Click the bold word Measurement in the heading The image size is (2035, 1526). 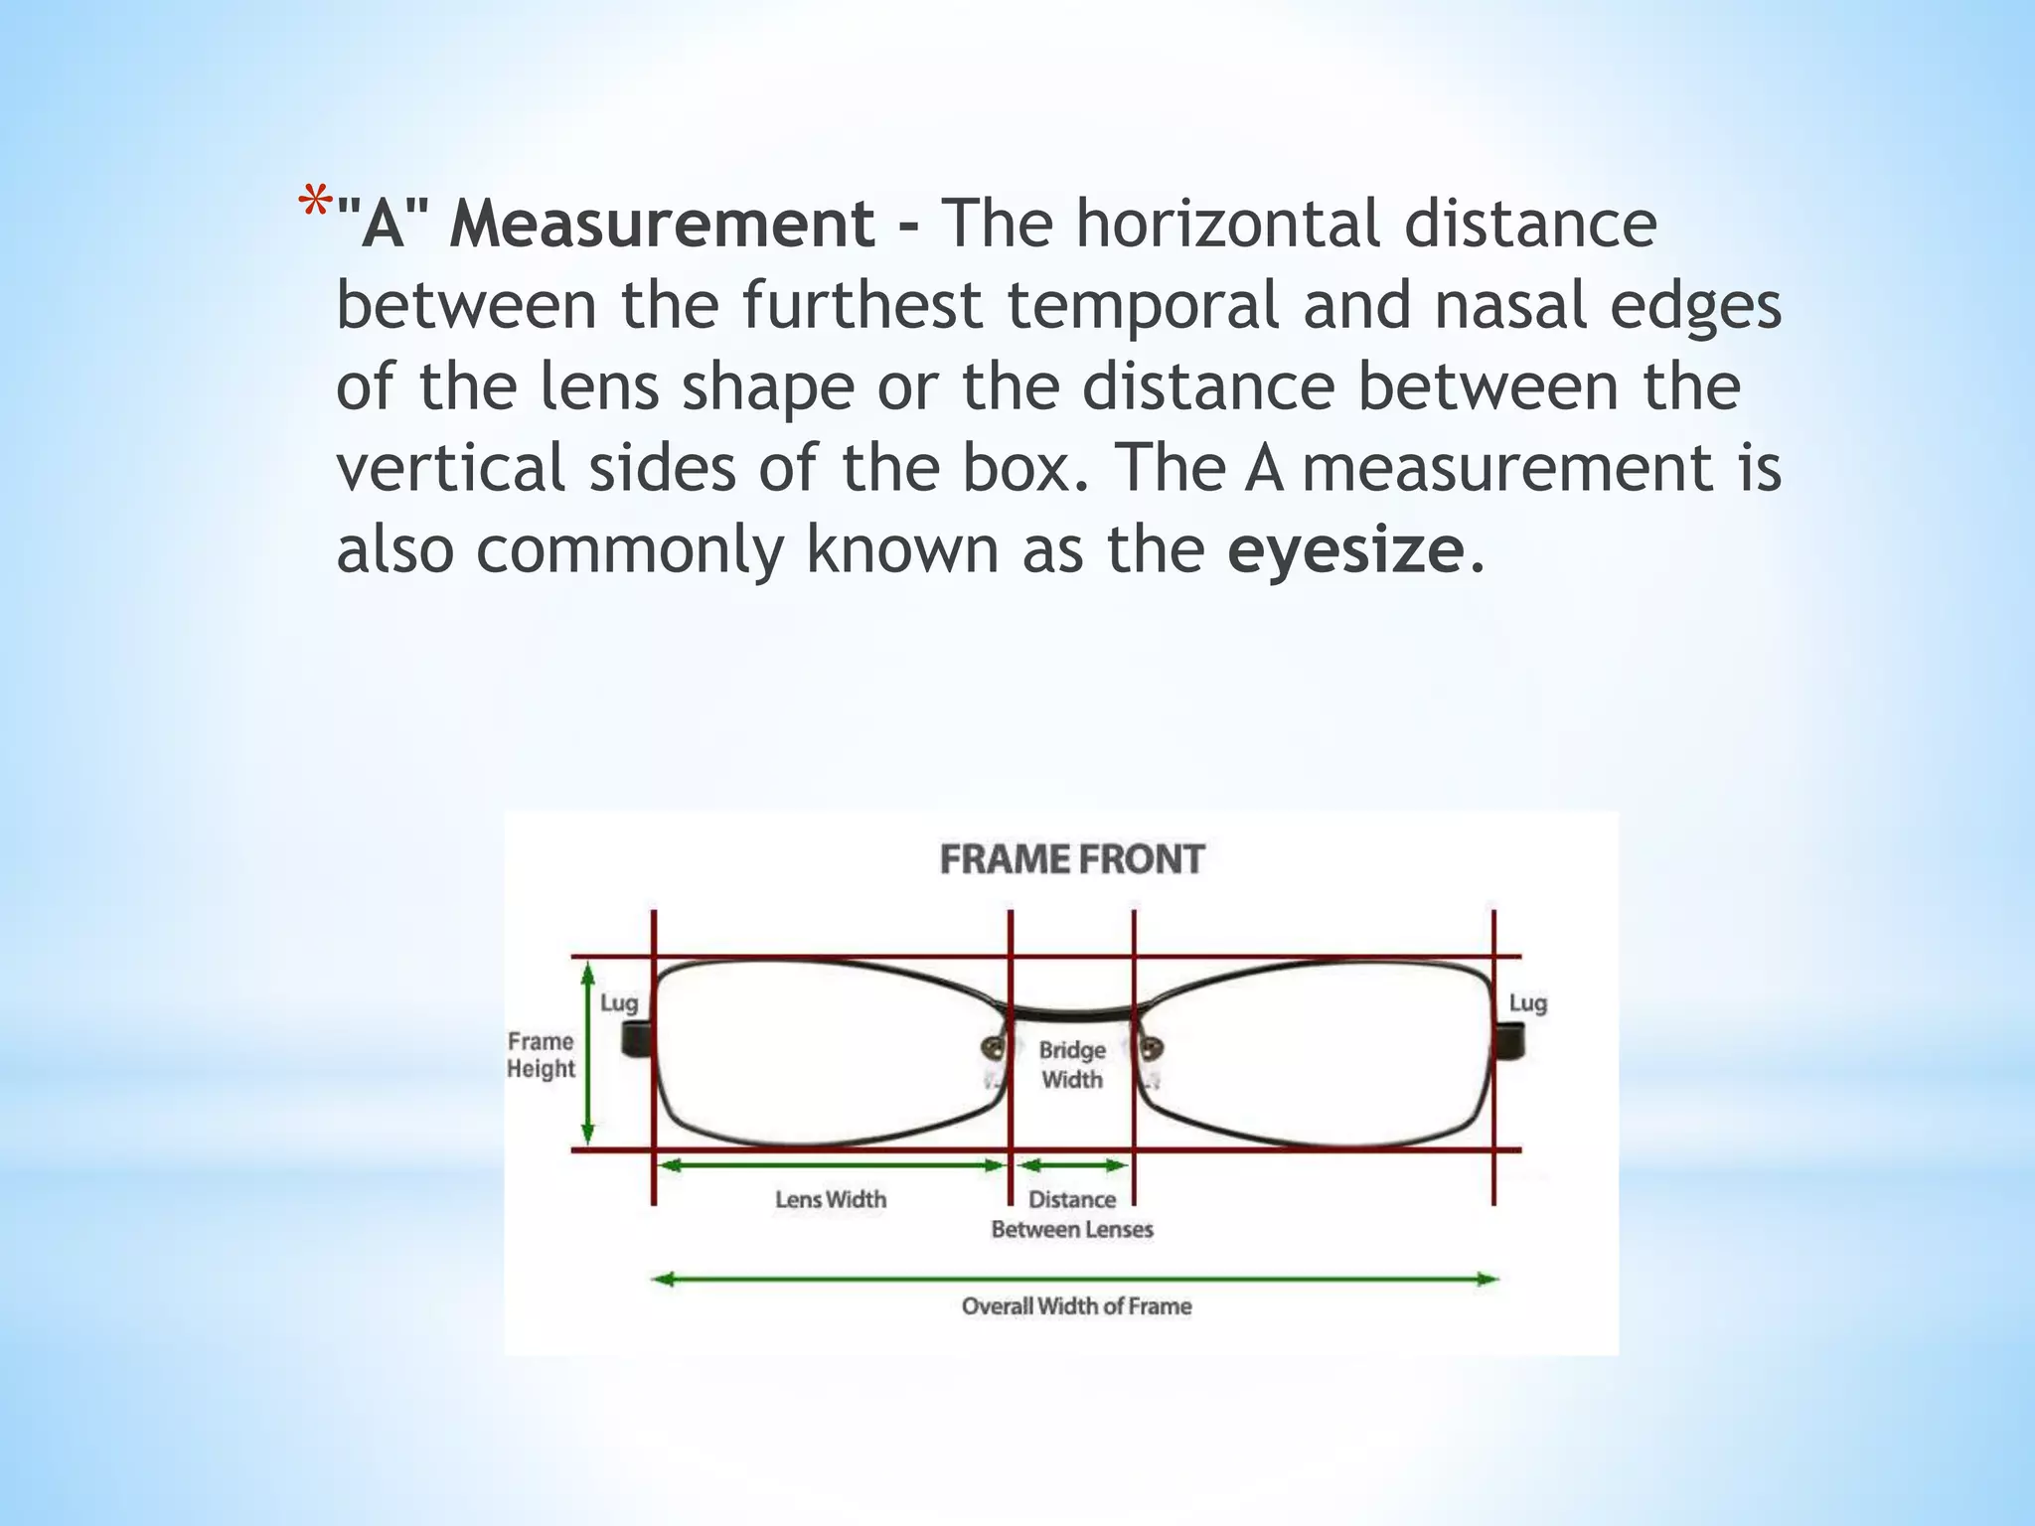(x=662, y=224)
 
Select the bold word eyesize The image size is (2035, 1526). (x=1345, y=549)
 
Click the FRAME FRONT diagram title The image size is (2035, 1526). (x=1071, y=859)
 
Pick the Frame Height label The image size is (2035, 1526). (x=541, y=1055)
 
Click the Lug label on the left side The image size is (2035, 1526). (x=618, y=1003)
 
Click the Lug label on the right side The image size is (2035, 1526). (x=1527, y=1003)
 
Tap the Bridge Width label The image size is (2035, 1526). (x=1072, y=1064)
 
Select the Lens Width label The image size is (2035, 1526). (x=831, y=1200)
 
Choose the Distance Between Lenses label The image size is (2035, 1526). (x=1072, y=1214)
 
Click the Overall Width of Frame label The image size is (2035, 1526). (x=1076, y=1306)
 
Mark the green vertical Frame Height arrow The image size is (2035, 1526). (x=587, y=1053)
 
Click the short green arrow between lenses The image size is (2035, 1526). (x=1072, y=1165)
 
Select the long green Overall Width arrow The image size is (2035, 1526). (x=1075, y=1280)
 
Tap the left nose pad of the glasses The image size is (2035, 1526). (x=993, y=1047)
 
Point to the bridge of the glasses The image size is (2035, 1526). (x=1072, y=1014)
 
